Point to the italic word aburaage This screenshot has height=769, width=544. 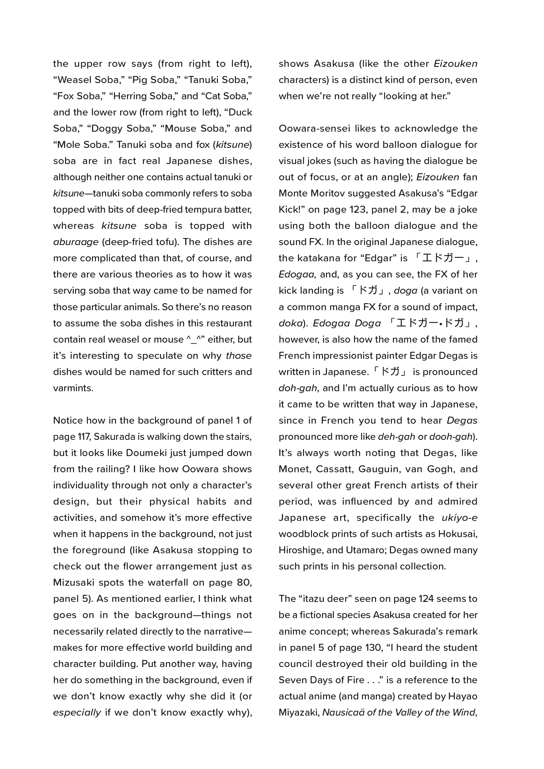coord(76,242)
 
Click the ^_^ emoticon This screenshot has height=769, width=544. coord(195,340)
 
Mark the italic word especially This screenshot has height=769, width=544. coord(77,713)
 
